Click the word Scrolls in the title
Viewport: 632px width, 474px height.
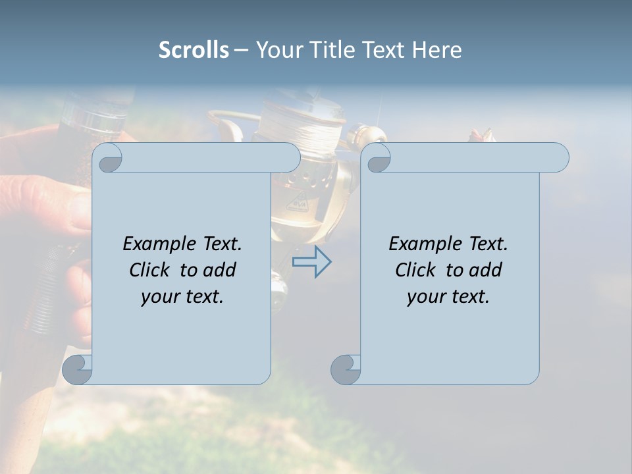coord(194,49)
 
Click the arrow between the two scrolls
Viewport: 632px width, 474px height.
coord(312,262)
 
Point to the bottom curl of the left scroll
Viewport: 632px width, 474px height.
coord(77,369)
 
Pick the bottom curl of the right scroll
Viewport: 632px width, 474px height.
coord(346,369)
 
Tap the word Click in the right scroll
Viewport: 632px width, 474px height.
coord(415,270)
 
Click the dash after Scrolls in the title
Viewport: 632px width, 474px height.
coord(242,50)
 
